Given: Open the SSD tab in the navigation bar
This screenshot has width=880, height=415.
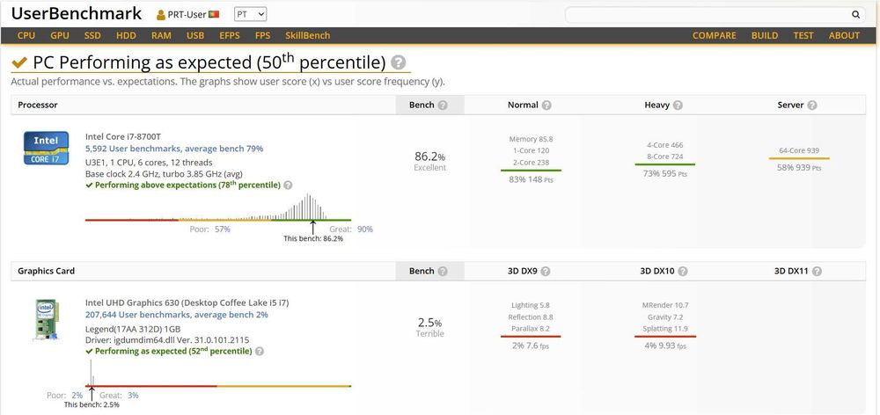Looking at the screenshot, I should coord(92,36).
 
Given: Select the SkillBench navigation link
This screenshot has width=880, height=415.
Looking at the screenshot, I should coord(307,36).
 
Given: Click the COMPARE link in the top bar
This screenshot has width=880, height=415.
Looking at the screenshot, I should coord(714,36).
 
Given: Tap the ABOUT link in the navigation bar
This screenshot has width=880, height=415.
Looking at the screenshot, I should coord(843,36).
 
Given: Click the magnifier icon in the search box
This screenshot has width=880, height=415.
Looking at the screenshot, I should coord(855,15).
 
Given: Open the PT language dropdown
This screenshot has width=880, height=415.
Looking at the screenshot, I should coord(250,15).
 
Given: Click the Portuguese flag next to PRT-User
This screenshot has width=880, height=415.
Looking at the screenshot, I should coord(214,15).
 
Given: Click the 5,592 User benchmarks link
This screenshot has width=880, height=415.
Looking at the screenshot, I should coord(173,149).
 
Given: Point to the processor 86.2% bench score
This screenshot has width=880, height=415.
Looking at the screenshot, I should coord(429,157).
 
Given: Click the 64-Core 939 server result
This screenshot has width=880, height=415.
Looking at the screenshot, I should coord(798,150).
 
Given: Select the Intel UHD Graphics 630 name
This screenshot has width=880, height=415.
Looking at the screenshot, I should coord(187,302).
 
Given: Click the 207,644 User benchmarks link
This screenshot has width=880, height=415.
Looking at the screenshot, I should coord(176,314).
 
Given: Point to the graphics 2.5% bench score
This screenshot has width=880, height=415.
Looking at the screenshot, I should coord(429,323).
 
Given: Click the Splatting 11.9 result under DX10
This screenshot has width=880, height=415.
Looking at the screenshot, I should coord(664,329).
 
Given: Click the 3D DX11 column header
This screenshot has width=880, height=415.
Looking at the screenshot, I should coord(791,271).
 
